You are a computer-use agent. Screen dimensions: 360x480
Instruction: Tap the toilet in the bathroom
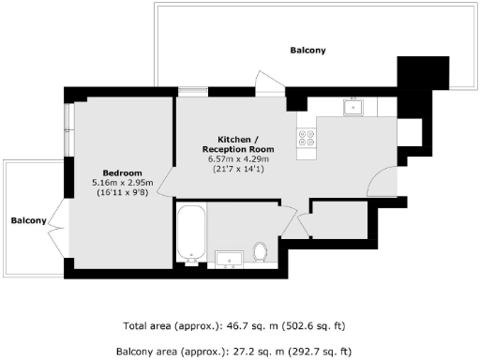[x=260, y=251]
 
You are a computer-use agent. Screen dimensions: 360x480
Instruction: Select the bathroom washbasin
[x=228, y=256]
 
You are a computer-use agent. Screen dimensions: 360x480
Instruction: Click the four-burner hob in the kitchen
[x=307, y=139]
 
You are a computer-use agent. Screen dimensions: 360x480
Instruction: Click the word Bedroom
[x=122, y=172]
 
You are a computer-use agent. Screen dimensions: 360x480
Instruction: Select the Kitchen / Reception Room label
[x=238, y=144]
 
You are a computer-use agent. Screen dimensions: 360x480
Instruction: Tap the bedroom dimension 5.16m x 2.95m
[x=122, y=182]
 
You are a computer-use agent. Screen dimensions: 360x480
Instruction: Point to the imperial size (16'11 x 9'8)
[x=122, y=192]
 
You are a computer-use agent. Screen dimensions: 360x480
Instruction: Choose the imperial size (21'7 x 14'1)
[x=238, y=170]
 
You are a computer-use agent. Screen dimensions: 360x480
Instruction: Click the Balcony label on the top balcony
[x=308, y=50]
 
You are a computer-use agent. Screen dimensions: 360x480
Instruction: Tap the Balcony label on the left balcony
[x=28, y=220]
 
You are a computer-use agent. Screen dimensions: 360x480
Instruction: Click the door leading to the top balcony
[x=268, y=82]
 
